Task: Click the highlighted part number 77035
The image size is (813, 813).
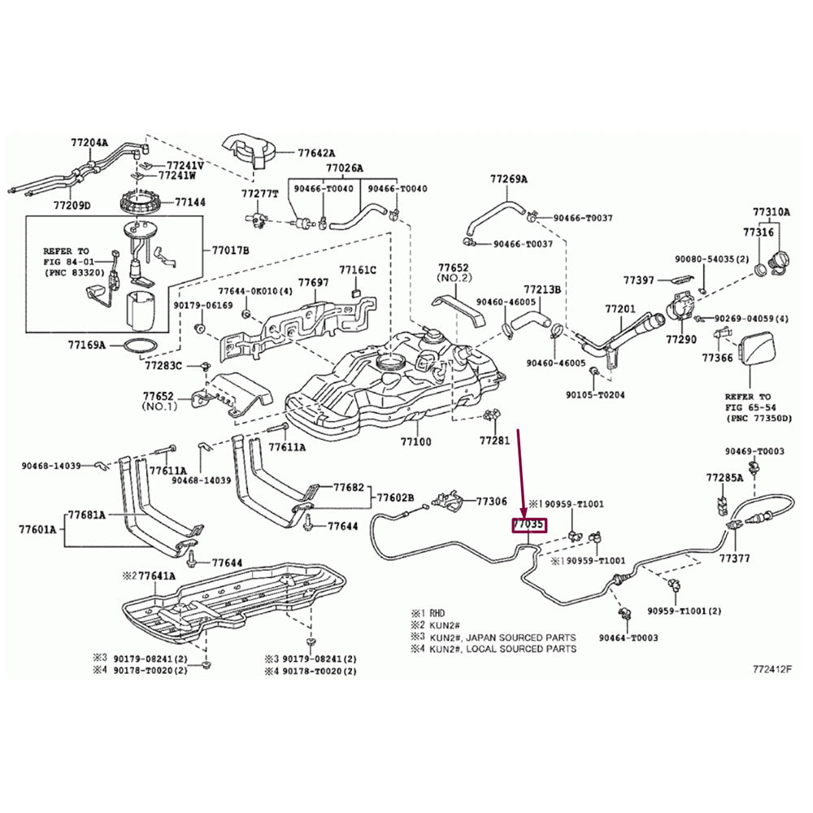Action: (x=528, y=525)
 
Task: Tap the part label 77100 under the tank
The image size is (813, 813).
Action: (x=415, y=442)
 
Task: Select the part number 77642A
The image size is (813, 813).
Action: (x=316, y=153)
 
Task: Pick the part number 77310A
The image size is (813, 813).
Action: (x=771, y=212)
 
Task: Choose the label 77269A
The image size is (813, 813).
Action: (x=508, y=179)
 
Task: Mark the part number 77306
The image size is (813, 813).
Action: (x=491, y=502)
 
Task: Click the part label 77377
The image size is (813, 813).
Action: (x=734, y=559)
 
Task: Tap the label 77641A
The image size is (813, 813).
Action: (x=156, y=576)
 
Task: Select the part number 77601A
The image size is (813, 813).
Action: (x=37, y=530)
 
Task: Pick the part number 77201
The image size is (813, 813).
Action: (x=620, y=310)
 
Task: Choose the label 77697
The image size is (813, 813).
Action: (x=313, y=282)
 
